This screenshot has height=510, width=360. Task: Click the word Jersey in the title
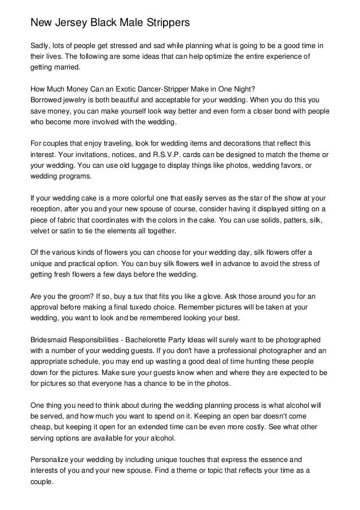point(72,23)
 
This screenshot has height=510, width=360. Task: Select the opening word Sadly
point(40,45)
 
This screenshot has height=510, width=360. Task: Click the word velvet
point(39,232)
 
